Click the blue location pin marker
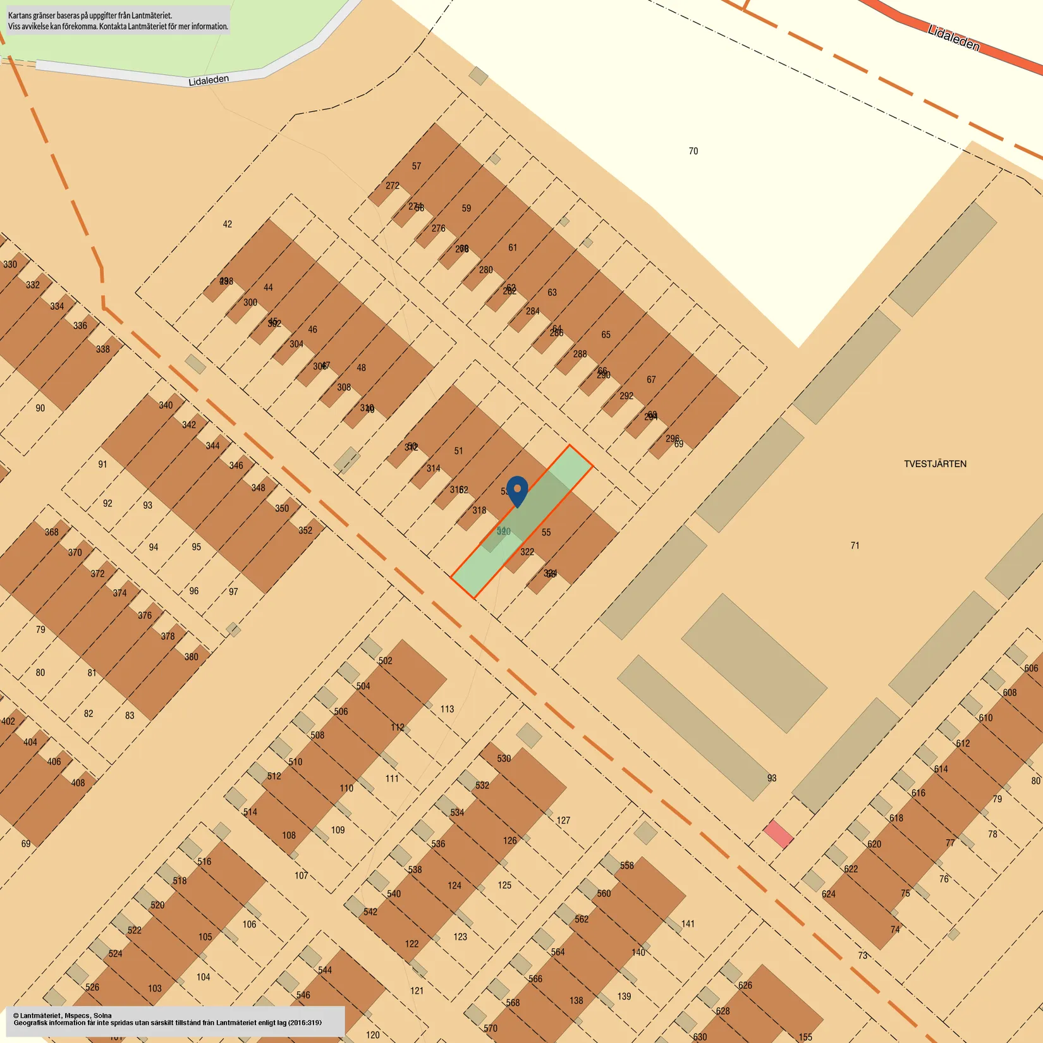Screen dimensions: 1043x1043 517,491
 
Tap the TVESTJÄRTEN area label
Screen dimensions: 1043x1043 935,464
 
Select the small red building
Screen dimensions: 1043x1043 778,834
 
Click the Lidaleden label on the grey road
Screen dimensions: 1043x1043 209,80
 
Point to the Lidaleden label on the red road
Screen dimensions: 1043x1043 954,39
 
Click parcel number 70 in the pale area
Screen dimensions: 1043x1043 693,151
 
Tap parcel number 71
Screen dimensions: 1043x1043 855,546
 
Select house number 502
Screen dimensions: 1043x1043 386,661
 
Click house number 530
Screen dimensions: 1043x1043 504,759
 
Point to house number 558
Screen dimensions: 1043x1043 626,865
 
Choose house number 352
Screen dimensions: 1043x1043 305,530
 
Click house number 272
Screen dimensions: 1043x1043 393,186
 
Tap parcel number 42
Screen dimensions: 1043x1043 228,224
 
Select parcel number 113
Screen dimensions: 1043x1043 447,709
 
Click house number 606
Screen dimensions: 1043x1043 1031,668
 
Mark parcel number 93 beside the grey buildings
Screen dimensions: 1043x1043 772,778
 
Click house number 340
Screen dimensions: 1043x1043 166,405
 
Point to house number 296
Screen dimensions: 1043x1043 672,438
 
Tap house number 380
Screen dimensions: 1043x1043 192,657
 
